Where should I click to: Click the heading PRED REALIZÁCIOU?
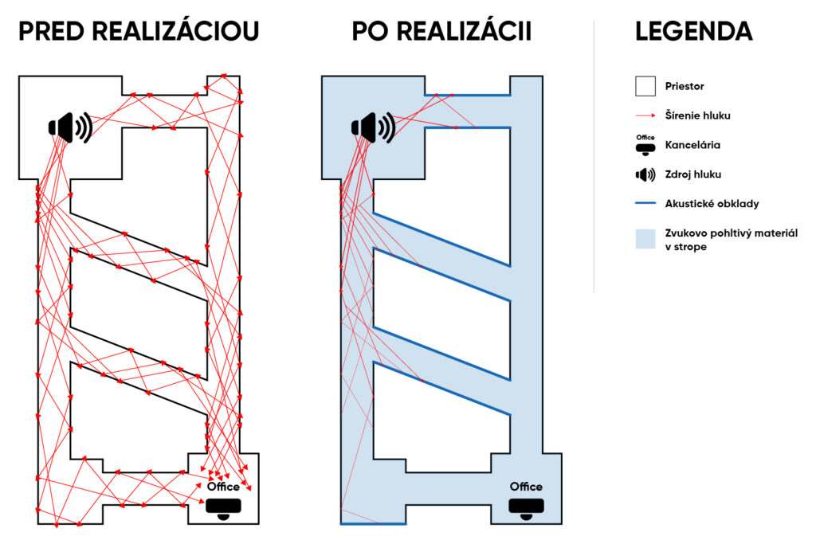click(139, 32)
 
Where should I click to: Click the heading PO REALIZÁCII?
click(441, 32)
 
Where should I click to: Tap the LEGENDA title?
click(693, 32)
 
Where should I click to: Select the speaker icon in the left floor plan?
click(71, 127)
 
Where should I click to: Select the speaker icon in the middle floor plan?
click(373, 127)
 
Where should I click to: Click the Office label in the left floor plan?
click(223, 487)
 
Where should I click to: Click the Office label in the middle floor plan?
click(526, 487)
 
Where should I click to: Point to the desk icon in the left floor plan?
click(223, 507)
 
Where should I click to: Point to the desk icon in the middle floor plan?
click(526, 507)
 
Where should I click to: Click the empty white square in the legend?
click(645, 85)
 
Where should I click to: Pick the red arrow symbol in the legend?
click(645, 115)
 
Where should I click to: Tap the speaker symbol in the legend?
click(645, 174)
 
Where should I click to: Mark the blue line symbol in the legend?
click(645, 204)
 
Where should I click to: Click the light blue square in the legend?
click(645, 240)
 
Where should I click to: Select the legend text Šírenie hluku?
click(697, 115)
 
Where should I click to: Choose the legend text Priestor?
click(685, 85)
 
